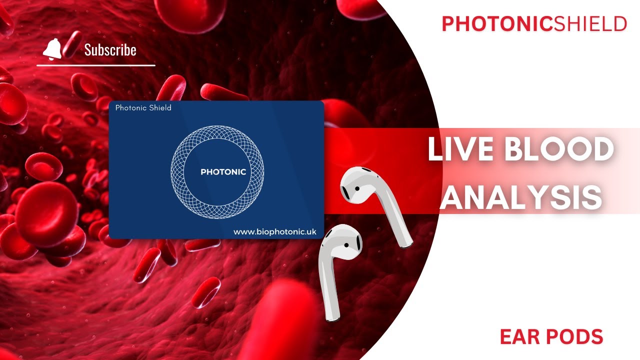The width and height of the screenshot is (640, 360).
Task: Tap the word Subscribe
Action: [110, 50]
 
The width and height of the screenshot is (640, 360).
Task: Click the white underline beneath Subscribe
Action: [95, 65]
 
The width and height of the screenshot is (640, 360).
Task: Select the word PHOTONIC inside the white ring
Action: [223, 172]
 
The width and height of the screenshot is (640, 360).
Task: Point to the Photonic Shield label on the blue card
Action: [143, 107]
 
